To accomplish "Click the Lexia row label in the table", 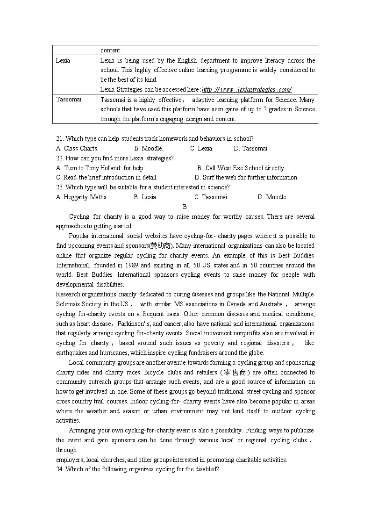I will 63,60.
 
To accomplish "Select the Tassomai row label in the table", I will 68,99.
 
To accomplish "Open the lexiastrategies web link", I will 247,89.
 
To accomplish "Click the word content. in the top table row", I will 111,50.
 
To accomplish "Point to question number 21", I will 60,138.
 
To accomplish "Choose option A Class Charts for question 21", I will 77,148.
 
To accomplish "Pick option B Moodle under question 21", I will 149,148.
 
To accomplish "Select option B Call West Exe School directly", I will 241,168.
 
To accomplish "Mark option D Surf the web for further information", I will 246,177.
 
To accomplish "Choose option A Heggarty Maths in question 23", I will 82,197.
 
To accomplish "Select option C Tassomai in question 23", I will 211,197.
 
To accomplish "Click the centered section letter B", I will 185,207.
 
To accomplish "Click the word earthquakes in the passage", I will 71,352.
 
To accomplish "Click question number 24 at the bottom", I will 60,469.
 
